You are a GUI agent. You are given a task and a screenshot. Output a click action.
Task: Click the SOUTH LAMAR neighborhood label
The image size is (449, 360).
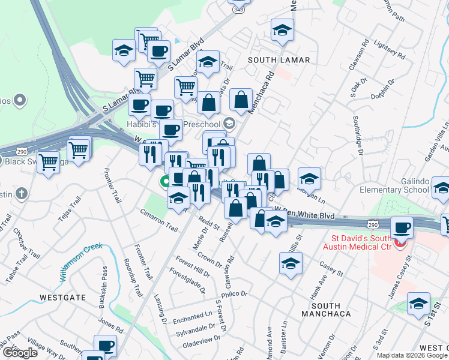tap(279, 60)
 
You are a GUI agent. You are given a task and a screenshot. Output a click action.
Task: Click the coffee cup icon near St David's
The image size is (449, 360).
tap(402, 228)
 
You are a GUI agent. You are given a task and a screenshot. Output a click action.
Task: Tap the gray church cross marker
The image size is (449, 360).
tap(22, 193)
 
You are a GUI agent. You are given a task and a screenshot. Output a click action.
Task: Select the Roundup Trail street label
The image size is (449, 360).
tap(132, 281)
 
